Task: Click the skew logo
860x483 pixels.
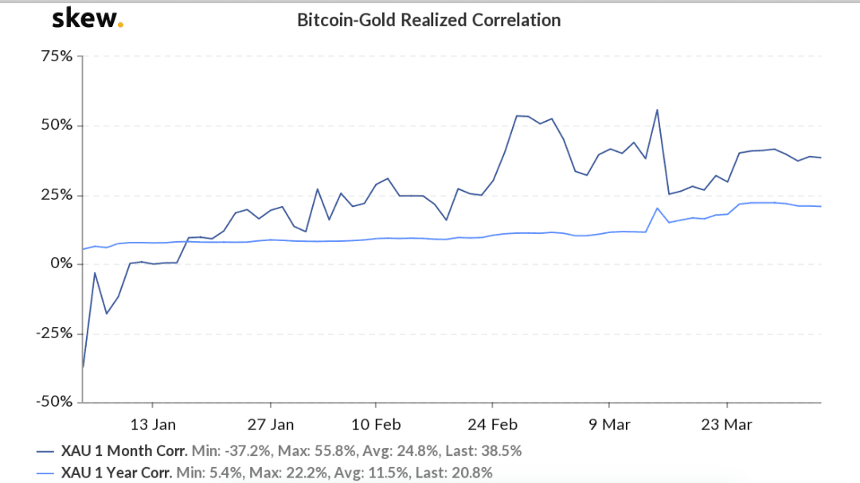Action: pyautogui.click(x=88, y=18)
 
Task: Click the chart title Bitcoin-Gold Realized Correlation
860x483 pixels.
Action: pyautogui.click(x=429, y=20)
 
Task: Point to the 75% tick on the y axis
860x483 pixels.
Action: pyautogui.click(x=57, y=56)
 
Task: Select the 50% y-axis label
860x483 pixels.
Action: pyautogui.click(x=57, y=125)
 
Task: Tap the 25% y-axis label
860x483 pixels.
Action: pyautogui.click(x=57, y=195)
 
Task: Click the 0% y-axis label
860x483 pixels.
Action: pyautogui.click(x=61, y=263)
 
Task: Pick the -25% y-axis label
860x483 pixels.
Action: pyautogui.click(x=54, y=333)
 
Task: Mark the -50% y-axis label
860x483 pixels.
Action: pyautogui.click(x=54, y=402)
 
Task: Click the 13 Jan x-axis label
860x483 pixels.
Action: pyautogui.click(x=153, y=425)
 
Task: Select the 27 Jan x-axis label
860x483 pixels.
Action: pyautogui.click(x=271, y=425)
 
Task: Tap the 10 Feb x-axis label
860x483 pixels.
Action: pyautogui.click(x=376, y=425)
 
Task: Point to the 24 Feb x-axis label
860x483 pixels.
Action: pyautogui.click(x=493, y=425)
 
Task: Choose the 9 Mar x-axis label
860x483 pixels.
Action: pyautogui.click(x=609, y=425)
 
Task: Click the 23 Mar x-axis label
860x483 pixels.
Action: pyautogui.click(x=727, y=425)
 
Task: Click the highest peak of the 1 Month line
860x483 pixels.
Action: pyautogui.click(x=657, y=110)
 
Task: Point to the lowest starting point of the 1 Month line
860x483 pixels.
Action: pyautogui.click(x=83, y=367)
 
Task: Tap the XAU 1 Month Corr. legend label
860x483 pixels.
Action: pyautogui.click(x=124, y=451)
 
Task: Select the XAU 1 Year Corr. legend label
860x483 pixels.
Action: pyautogui.click(x=116, y=473)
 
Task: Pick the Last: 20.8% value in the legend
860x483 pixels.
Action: pyautogui.click(x=454, y=473)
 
